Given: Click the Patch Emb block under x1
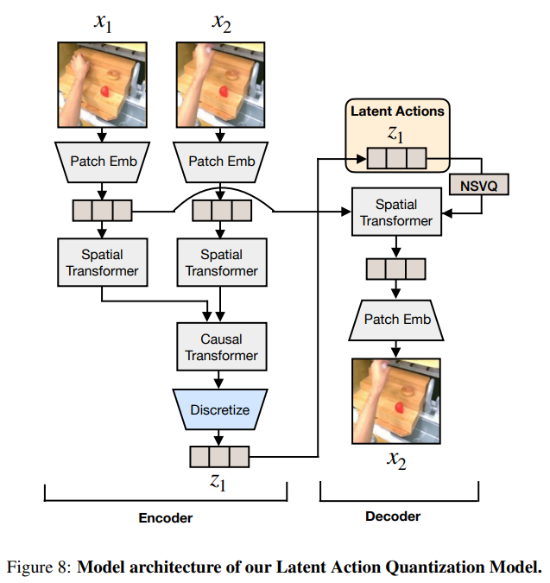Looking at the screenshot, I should click(102, 161).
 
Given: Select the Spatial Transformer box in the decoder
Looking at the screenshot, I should click(396, 212).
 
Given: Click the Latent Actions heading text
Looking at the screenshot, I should click(396, 111).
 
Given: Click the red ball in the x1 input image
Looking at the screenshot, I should click(104, 91).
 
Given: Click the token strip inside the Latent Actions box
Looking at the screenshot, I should click(396, 158).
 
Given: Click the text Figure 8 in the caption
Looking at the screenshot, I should click(38, 567).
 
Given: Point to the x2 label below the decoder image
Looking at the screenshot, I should click(396, 461).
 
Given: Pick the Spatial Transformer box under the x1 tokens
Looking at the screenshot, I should click(102, 263).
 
